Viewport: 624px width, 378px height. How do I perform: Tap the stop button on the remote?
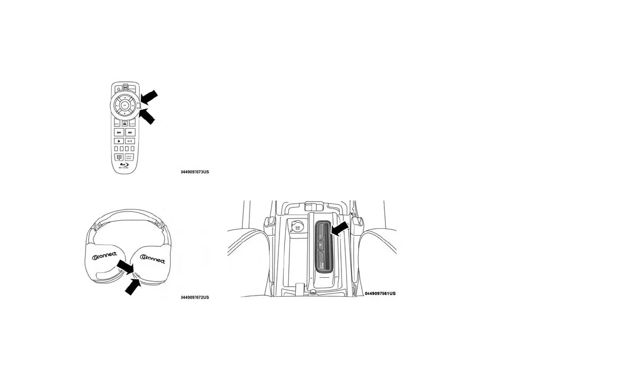tap(119, 141)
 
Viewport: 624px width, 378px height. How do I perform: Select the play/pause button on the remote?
tap(130, 141)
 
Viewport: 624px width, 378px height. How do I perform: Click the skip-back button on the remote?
tap(119, 132)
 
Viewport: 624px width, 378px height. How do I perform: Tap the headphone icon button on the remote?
tap(124, 124)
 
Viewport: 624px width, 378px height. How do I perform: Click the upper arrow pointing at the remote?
tap(149, 97)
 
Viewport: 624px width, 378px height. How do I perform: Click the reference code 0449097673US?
tap(195, 172)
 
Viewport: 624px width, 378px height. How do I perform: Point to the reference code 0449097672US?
tap(195, 298)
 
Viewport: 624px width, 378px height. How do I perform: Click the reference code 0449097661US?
tap(380, 293)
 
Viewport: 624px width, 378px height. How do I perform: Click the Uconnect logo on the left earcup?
tap(105, 257)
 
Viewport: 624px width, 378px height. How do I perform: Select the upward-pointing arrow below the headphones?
tap(133, 287)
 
